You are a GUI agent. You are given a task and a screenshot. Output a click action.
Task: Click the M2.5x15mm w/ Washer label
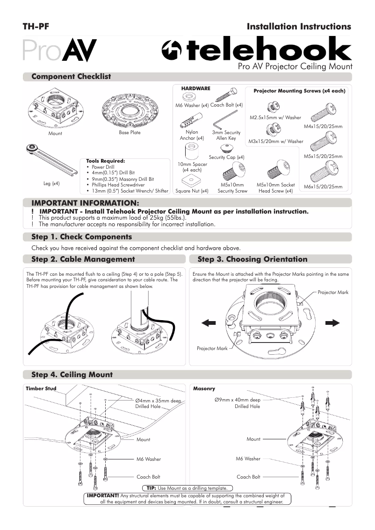click(x=275, y=118)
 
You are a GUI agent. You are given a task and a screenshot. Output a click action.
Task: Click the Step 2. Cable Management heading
click(x=83, y=259)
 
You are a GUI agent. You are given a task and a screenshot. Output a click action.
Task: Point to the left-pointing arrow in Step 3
click(x=209, y=322)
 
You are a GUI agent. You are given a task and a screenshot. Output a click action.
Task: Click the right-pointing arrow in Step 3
click(x=332, y=322)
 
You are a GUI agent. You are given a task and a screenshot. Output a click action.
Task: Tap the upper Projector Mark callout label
click(x=333, y=293)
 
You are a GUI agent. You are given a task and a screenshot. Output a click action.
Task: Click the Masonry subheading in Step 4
click(x=204, y=388)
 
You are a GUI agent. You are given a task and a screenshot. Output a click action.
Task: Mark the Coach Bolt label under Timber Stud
click(x=148, y=477)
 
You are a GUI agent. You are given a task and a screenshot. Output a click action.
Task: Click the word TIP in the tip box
click(x=151, y=487)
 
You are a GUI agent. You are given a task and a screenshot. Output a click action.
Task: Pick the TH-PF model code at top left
click(x=36, y=27)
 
